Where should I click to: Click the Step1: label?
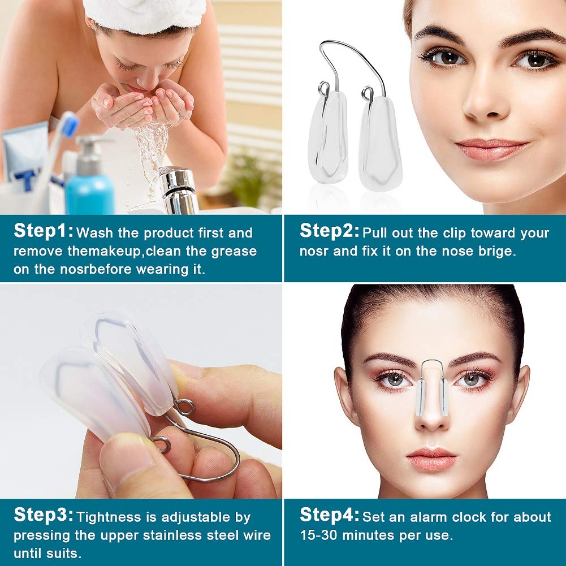[x=44, y=231]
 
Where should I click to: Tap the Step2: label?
[x=330, y=231]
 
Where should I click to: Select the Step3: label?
[x=44, y=515]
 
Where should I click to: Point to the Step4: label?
[x=330, y=515]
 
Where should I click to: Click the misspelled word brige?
[x=498, y=251]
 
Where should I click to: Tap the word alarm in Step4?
[x=423, y=517]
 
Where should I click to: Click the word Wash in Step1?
[x=93, y=233]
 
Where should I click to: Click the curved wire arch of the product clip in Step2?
[x=351, y=51]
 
